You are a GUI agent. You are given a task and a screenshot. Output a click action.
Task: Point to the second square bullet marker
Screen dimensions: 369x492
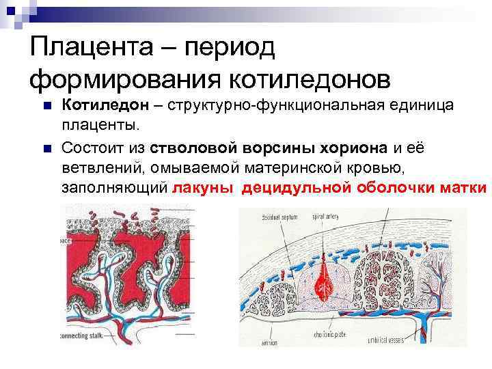point(46,147)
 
